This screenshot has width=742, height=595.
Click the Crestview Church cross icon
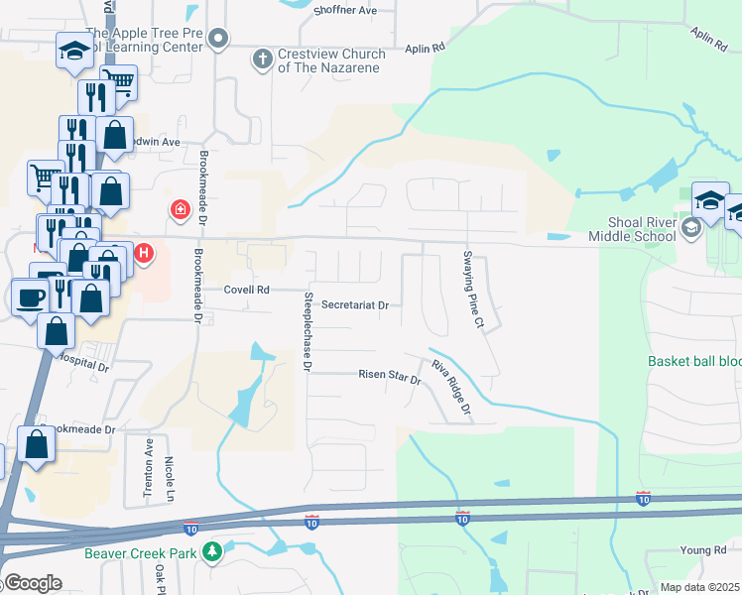tap(263, 59)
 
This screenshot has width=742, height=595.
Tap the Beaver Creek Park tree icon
tap(210, 551)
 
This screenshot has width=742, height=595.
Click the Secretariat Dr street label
tap(354, 305)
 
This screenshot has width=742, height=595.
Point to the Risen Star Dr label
tap(390, 375)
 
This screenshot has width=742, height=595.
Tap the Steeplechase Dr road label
tap(308, 332)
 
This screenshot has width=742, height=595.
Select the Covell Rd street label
tap(246, 290)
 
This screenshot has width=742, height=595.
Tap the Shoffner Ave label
tap(346, 9)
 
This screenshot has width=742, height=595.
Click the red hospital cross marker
tap(181, 209)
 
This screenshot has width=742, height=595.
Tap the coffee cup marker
tap(28, 296)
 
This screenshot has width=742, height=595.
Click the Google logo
tap(33, 583)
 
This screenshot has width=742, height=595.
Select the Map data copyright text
tap(700, 587)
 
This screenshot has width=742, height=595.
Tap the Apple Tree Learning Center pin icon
tap(220, 39)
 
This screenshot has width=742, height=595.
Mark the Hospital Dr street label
tap(85, 364)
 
